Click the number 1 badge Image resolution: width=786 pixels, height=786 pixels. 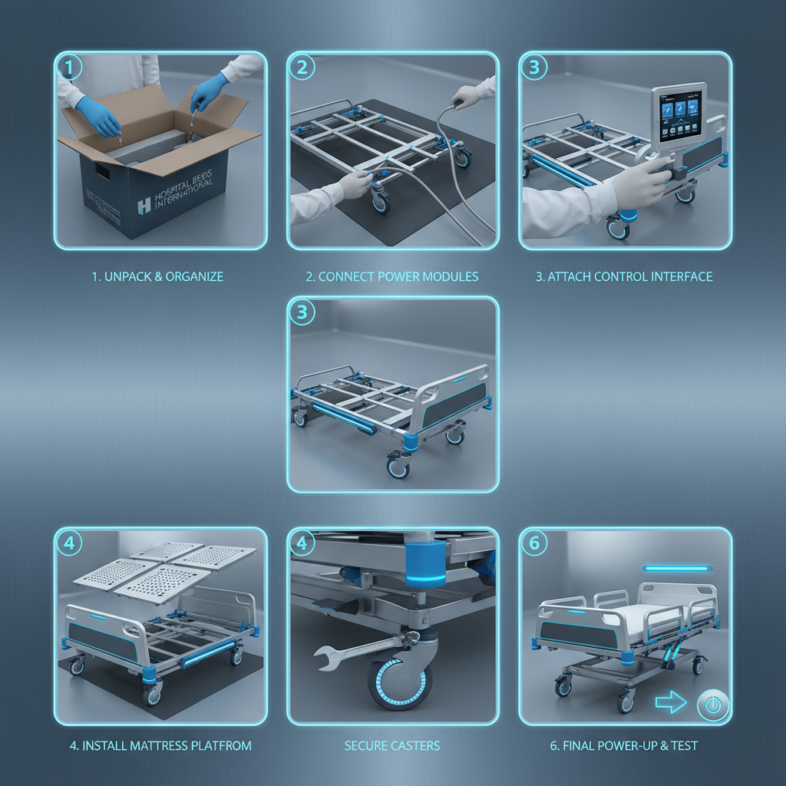tap(70, 68)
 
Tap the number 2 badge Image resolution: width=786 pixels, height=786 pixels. tap(302, 68)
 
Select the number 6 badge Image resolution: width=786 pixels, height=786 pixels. tap(534, 543)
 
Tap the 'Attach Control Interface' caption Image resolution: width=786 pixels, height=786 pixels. tap(624, 276)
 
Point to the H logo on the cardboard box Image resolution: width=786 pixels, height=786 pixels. tap(144, 205)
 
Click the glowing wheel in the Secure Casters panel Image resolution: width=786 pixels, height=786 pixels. tap(397, 682)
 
